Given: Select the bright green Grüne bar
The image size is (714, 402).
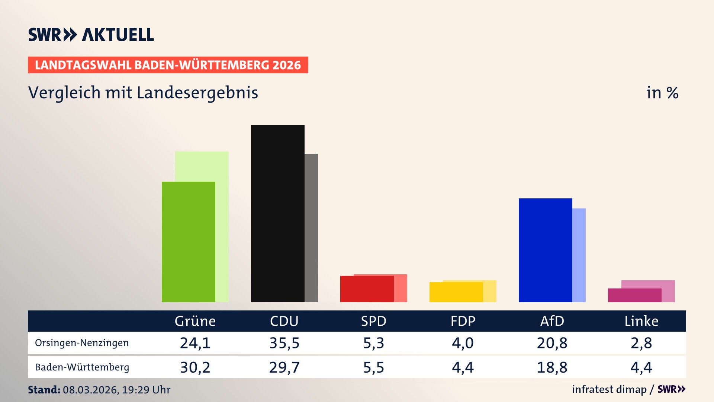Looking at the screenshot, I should (x=188, y=242).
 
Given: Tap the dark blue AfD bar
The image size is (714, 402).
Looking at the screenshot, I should (x=545, y=250).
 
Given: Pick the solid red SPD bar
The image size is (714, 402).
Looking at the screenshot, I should (x=367, y=289).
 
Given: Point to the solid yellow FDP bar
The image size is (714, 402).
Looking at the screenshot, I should (x=456, y=292).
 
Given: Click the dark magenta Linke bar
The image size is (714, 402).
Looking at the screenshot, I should (x=634, y=295).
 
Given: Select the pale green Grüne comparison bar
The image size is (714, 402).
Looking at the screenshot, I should (x=222, y=223).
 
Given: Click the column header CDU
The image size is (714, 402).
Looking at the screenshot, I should (x=284, y=321).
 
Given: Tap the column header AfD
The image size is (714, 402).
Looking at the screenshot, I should (x=552, y=321).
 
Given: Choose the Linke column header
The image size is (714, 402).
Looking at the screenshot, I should (x=641, y=321).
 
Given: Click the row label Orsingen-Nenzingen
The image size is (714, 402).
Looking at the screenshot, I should (x=82, y=343).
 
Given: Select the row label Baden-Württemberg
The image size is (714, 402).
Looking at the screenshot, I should (x=82, y=367).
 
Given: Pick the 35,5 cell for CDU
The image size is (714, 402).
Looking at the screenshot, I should (x=284, y=343).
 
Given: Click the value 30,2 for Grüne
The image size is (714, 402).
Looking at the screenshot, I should (x=195, y=367).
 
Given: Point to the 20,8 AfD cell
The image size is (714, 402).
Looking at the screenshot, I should (x=552, y=343).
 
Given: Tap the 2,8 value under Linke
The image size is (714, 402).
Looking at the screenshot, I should (x=641, y=343).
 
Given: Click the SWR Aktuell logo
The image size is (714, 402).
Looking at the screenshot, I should (x=91, y=35).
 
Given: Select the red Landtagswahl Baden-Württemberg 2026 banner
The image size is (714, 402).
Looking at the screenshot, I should (x=168, y=65).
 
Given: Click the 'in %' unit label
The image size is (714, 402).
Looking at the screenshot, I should (x=662, y=93).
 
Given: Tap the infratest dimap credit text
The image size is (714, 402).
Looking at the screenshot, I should (x=609, y=389).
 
